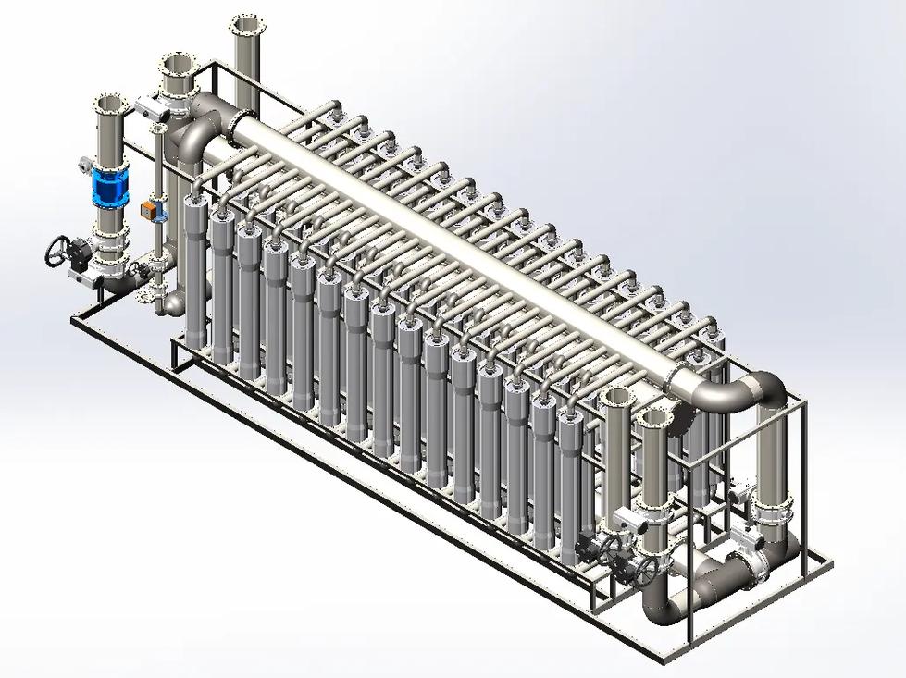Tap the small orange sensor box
click(146, 210)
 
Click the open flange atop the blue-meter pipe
click(109, 102)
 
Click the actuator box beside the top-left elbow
click(148, 106)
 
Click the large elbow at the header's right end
click(754, 393)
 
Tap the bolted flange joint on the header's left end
click(232, 124)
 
